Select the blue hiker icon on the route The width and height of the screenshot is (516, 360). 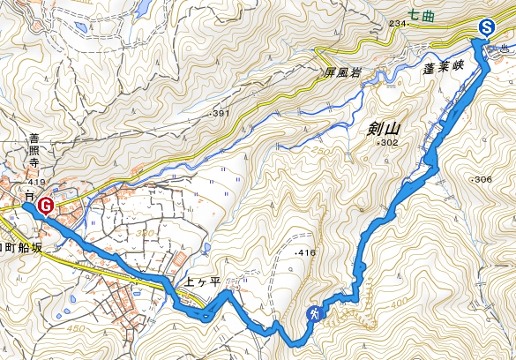point(313,313)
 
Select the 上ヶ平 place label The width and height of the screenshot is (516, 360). point(201,285)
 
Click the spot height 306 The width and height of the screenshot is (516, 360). point(482,179)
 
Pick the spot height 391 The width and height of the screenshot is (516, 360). point(221,114)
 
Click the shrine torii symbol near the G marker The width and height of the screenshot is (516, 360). point(28,194)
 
